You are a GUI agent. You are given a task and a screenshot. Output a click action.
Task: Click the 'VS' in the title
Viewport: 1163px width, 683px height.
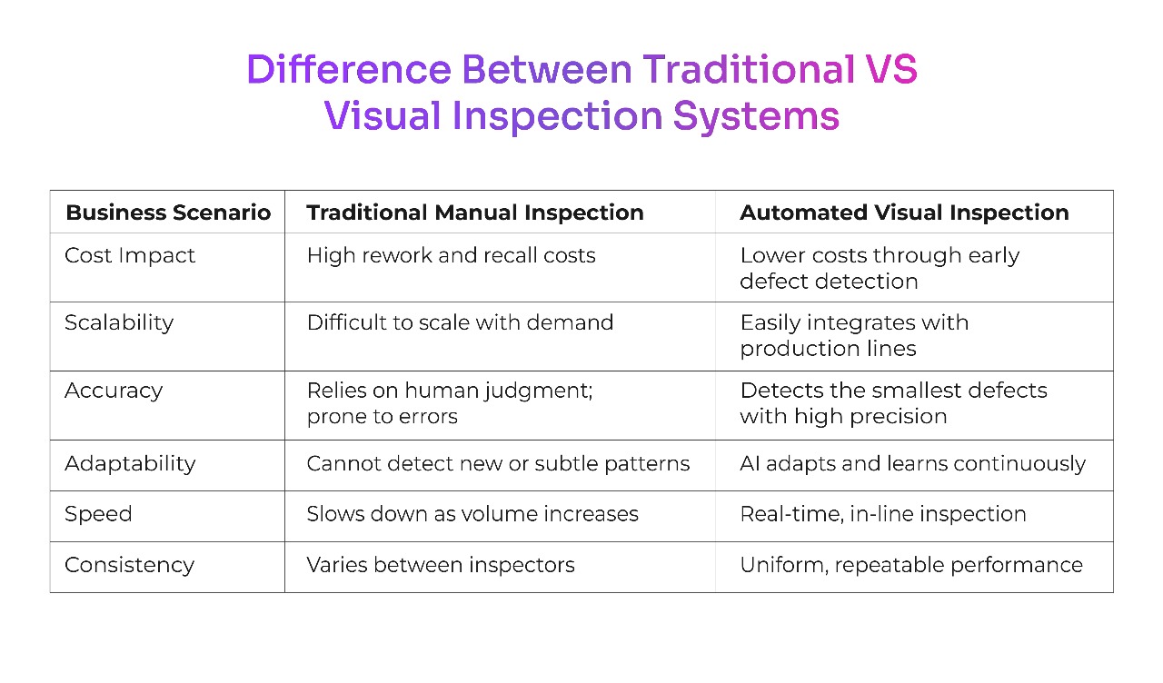[x=890, y=70]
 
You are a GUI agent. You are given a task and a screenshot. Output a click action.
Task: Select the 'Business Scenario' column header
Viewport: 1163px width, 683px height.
[x=168, y=213]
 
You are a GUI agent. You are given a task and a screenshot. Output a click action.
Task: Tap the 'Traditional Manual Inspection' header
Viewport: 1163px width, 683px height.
[x=475, y=213]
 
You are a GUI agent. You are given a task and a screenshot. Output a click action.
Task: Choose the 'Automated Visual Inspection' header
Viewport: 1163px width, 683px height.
[x=904, y=213]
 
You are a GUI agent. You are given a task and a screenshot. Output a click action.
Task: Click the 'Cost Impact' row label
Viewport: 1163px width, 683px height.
[x=130, y=256]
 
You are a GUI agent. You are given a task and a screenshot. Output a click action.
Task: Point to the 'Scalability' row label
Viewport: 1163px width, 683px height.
[x=119, y=322]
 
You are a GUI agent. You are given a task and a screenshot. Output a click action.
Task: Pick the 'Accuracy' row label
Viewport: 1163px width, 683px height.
[x=114, y=391]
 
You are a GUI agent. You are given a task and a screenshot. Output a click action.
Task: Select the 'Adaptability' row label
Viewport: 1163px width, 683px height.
[x=130, y=463]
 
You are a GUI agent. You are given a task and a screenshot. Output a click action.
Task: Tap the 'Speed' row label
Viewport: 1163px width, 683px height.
[x=98, y=514]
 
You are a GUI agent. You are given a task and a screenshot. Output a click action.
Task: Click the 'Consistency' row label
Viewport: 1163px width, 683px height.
[x=129, y=565]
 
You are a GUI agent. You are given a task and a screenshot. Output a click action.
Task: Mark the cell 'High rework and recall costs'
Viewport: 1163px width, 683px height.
[x=451, y=256]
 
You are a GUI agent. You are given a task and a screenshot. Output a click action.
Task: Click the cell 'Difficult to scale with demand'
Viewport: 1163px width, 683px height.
[x=460, y=322]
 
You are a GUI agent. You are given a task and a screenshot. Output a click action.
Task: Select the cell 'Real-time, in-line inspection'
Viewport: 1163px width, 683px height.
[x=883, y=514]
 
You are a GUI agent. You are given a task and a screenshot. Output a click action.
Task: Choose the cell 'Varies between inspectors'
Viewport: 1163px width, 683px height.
[x=441, y=565]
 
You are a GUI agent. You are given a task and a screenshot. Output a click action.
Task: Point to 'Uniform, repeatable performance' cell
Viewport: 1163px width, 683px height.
[x=911, y=565]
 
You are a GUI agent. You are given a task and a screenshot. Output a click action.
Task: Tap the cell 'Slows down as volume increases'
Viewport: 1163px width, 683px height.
[x=472, y=514]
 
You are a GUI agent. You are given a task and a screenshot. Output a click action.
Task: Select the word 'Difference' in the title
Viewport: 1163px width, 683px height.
[x=348, y=70]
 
